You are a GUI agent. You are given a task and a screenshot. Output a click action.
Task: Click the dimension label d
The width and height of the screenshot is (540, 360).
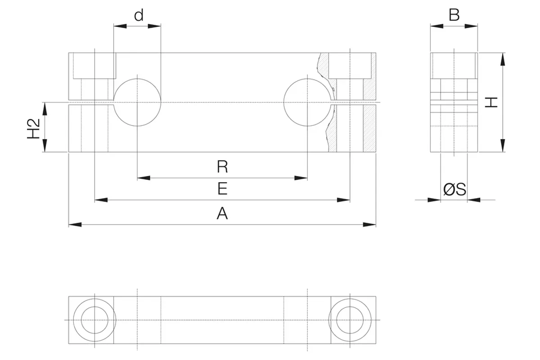[x=139, y=15]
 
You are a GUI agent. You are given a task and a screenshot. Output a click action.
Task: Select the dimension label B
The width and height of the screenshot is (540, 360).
[x=454, y=15]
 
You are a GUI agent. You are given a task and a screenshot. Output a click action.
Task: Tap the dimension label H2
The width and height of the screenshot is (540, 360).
[x=33, y=129]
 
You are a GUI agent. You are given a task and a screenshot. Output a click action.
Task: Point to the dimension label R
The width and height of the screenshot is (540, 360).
[x=222, y=166]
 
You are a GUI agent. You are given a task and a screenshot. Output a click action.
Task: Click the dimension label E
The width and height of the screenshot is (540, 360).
[x=222, y=189]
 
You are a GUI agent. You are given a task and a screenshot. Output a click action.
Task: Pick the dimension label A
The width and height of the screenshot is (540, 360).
[x=222, y=213]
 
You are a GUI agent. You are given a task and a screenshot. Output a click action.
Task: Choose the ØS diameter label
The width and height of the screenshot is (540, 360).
[x=454, y=189]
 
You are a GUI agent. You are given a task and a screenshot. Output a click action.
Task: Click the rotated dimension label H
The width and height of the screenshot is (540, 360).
[x=491, y=102]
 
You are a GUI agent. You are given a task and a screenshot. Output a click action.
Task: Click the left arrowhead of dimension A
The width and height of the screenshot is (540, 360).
[x=75, y=225]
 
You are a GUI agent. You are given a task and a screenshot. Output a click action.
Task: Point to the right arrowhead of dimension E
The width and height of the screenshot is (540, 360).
[x=343, y=200]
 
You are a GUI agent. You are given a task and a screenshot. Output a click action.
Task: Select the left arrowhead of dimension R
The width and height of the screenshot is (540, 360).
[x=144, y=178]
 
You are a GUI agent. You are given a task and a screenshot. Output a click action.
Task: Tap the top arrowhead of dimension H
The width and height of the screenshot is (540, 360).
[x=503, y=59]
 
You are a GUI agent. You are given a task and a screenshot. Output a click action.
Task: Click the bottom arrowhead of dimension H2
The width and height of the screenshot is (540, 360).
[x=45, y=146]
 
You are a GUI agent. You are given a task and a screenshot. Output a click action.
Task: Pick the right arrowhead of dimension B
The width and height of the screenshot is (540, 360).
[x=471, y=26]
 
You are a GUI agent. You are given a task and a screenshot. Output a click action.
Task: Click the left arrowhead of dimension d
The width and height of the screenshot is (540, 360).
[x=120, y=26]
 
